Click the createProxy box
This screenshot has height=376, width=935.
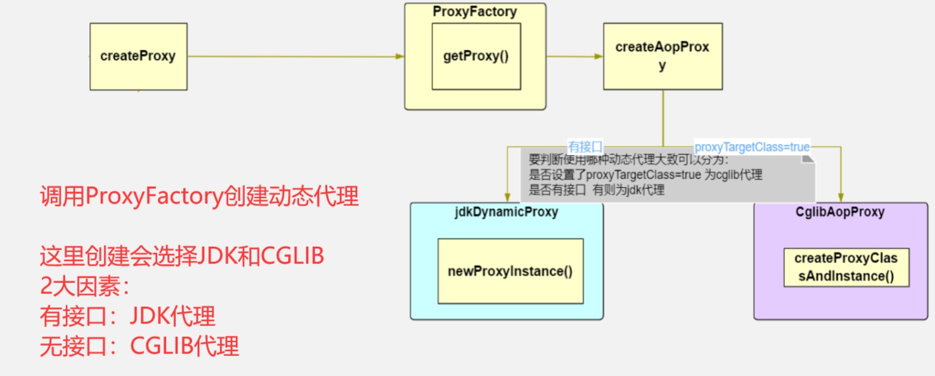[138, 56]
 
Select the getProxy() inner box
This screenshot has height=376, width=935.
[476, 56]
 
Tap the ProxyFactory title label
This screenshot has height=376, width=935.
[475, 12]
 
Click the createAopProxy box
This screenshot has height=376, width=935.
[662, 56]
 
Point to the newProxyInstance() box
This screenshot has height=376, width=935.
[510, 271]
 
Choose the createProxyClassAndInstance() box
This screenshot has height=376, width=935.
[846, 267]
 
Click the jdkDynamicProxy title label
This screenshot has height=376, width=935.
[506, 212]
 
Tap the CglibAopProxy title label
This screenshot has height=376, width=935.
[840, 212]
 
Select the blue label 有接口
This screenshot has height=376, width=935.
[585, 147]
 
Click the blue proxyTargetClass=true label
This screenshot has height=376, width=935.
[752, 147]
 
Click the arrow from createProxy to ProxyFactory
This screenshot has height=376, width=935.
[295, 56]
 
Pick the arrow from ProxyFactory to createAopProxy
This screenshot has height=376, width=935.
[574, 56]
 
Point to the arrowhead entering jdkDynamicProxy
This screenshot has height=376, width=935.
[507, 198]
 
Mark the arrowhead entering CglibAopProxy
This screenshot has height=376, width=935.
[841, 198]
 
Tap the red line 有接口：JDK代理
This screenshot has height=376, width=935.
[128, 316]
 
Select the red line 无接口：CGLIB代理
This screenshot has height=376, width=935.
[139, 346]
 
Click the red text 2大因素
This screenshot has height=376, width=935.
[85, 286]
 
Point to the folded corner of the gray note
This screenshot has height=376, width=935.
[808, 159]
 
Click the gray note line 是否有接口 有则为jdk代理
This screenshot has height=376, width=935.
[596, 190]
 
